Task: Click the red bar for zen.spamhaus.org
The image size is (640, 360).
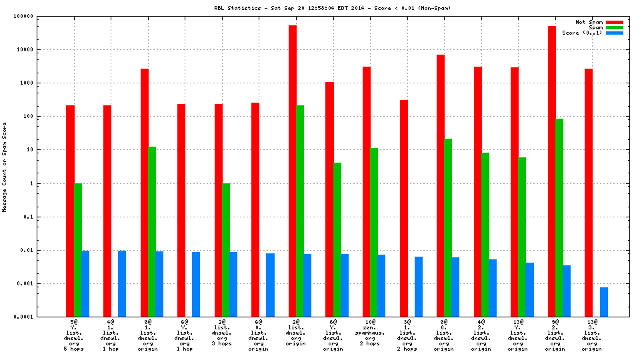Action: pyautogui.click(x=367, y=191)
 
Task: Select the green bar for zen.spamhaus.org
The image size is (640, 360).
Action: pyautogui.click(x=374, y=232)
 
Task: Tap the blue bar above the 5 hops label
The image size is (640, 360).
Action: pyautogui.click(x=85, y=283)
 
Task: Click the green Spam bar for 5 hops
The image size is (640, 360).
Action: pyautogui.click(x=78, y=250)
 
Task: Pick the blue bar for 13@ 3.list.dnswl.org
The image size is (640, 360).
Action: pyautogui.click(x=603, y=302)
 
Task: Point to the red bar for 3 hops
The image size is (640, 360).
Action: pyautogui.click(x=218, y=210)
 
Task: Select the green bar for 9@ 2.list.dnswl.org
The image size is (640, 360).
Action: pyautogui.click(x=559, y=217)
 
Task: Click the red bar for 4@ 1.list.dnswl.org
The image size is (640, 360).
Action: pyautogui.click(x=107, y=211)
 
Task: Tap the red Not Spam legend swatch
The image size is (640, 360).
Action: pyautogui.click(x=614, y=22)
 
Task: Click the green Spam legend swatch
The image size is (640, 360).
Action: pyautogui.click(x=614, y=27)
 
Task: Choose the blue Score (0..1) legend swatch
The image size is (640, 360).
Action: pyautogui.click(x=614, y=33)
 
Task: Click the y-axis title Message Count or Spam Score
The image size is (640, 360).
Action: pyautogui.click(x=5, y=167)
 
